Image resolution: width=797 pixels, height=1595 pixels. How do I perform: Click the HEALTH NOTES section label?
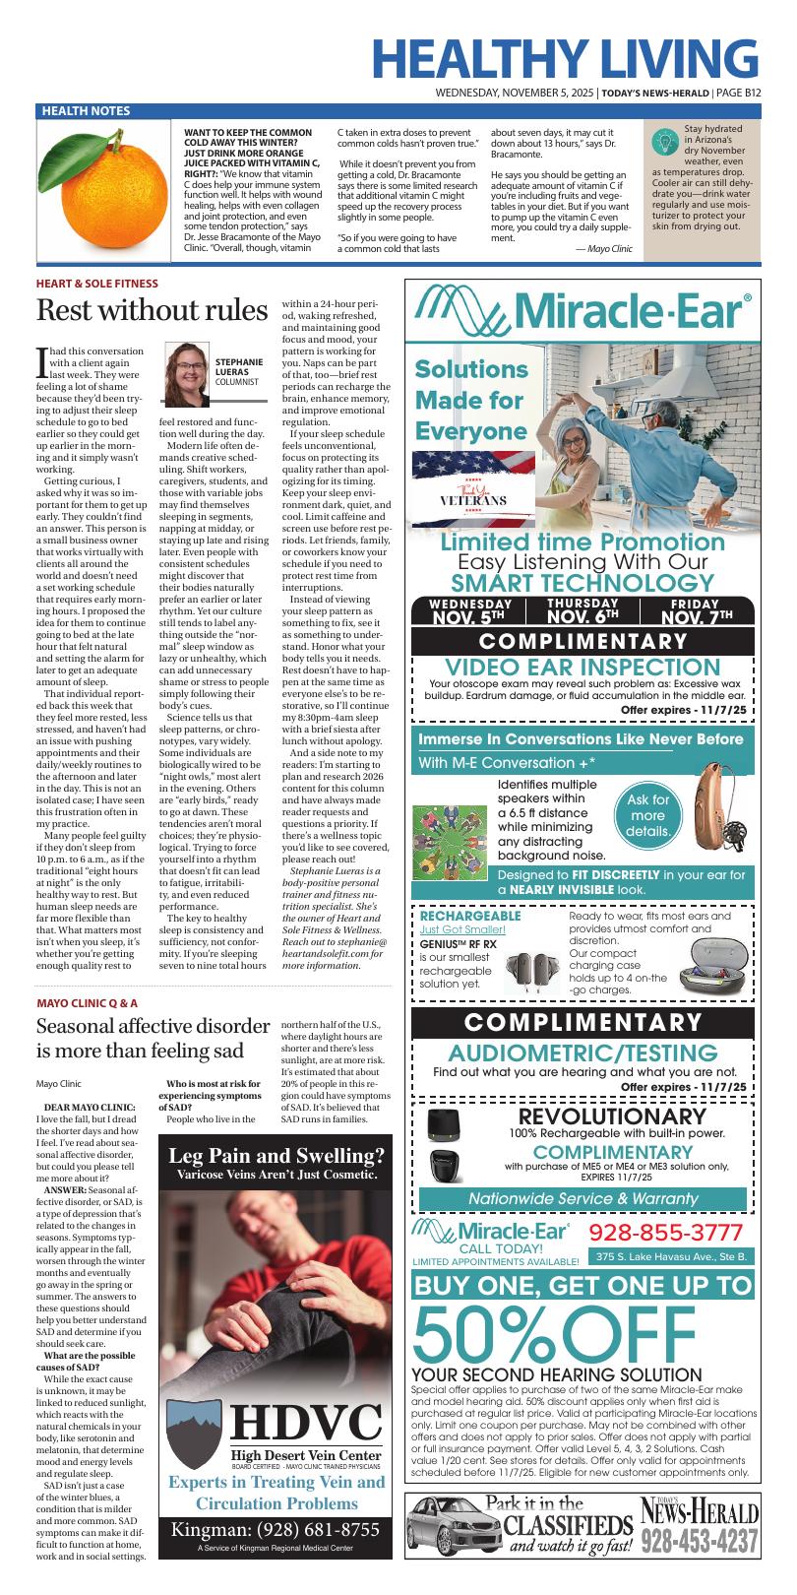(x=86, y=111)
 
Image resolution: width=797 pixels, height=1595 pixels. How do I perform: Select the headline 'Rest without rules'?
(x=152, y=311)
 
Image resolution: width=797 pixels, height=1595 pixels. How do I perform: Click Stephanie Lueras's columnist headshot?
(x=188, y=367)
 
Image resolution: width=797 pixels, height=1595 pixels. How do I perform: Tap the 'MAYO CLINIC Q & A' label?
(x=88, y=1003)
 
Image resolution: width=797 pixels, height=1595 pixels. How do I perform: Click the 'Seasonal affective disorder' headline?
(x=153, y=1039)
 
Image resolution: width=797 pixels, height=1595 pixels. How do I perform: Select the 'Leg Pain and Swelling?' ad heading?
(x=276, y=1156)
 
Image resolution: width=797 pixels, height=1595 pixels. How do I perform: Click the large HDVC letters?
(x=305, y=1422)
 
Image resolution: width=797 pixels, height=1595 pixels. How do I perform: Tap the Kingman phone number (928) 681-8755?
(x=276, y=1530)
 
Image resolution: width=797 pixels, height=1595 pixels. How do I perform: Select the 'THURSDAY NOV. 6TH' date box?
(x=582, y=611)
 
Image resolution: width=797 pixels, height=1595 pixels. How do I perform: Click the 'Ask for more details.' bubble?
(x=648, y=816)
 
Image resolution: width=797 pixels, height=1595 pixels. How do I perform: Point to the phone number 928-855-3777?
(x=666, y=1234)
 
